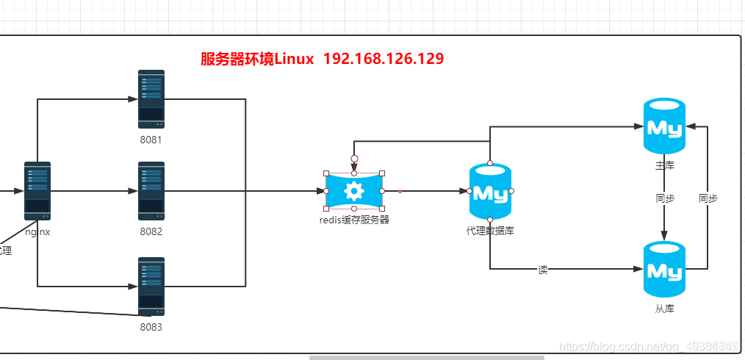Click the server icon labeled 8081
pyautogui.click(x=151, y=99)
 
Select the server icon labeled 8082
pyautogui.click(x=151, y=191)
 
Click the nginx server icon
pyautogui.click(x=37, y=191)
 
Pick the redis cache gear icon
pyautogui.click(x=354, y=191)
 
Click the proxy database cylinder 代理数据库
pyautogui.click(x=490, y=192)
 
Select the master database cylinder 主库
pyautogui.click(x=664, y=126)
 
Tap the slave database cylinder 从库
pyautogui.click(x=664, y=270)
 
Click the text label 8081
pyautogui.click(x=151, y=140)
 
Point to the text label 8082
pyautogui.click(x=151, y=231)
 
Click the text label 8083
pyautogui.click(x=151, y=327)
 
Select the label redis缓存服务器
pyautogui.click(x=354, y=219)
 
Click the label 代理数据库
pyautogui.click(x=490, y=231)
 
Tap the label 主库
pyautogui.click(x=664, y=165)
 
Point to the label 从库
pyautogui.click(x=664, y=309)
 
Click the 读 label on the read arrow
pyautogui.click(x=543, y=270)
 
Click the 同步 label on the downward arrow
pyautogui.click(x=665, y=198)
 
